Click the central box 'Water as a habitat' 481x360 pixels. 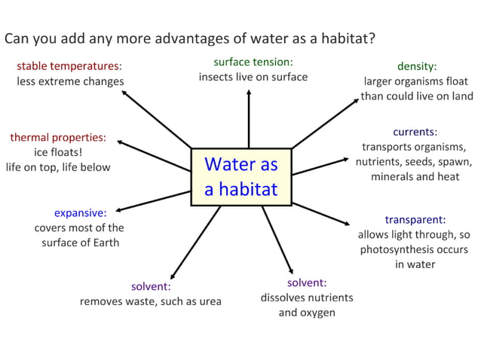click(x=241, y=176)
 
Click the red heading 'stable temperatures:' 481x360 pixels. click(x=69, y=66)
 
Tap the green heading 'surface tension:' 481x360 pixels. click(x=253, y=62)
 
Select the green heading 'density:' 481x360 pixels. click(x=417, y=66)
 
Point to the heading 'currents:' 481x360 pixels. click(x=415, y=132)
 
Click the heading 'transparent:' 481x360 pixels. click(x=415, y=220)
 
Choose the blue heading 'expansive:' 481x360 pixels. click(x=80, y=212)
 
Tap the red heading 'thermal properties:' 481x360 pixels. click(x=58, y=137)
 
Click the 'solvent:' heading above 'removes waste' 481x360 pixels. click(x=151, y=286)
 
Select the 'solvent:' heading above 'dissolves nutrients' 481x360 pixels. click(x=307, y=282)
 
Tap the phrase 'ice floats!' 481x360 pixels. click(x=58, y=152)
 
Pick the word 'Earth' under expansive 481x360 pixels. click(x=105, y=243)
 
